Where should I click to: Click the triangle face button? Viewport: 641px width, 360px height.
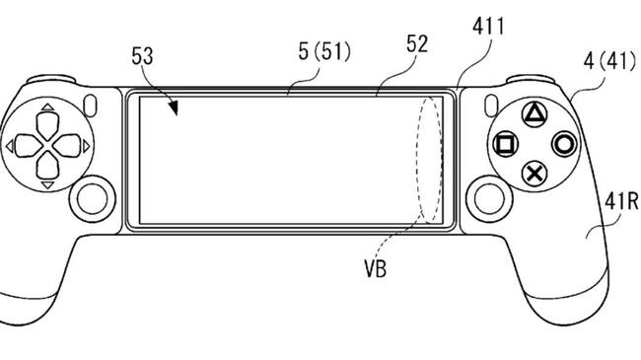pos(534,114)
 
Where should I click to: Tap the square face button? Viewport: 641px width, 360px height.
pos(505,144)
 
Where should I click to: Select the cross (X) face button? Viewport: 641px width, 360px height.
pos(534,174)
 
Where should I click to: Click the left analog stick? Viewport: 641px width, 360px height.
pos(93,199)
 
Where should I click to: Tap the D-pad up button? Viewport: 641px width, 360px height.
pos(48,125)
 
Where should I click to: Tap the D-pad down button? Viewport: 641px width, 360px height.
pos(48,166)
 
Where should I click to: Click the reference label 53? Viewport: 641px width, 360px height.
pos(142,56)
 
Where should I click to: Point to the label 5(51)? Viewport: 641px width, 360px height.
pos(324,52)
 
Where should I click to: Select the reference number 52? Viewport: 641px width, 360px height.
pos(417,43)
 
